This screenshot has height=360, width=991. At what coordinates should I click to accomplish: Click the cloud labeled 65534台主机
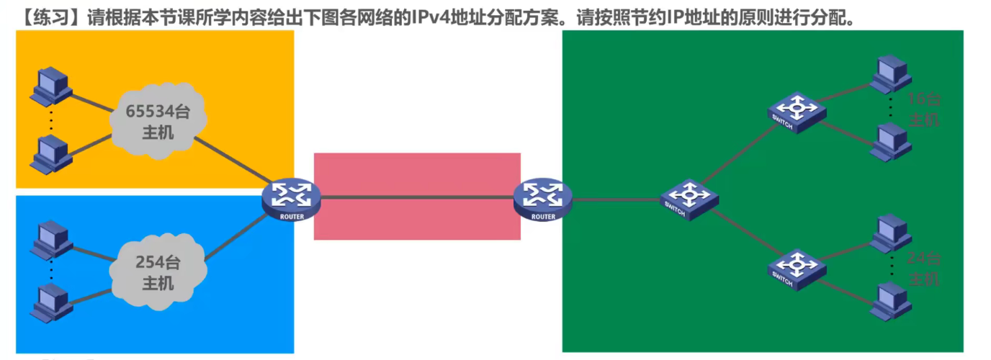158,122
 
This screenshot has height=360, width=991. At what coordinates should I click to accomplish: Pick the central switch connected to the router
689,199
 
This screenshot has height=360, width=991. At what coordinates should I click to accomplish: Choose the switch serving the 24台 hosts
797,269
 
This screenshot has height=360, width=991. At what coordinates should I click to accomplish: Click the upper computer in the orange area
51,86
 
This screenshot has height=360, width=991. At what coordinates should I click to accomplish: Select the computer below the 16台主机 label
891,141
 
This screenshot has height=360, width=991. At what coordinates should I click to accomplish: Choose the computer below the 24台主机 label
891,301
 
